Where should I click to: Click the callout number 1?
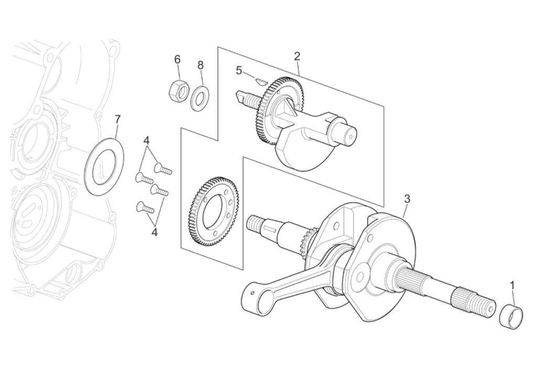(513, 285)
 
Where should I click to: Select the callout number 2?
(297, 57)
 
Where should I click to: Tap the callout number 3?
(407, 199)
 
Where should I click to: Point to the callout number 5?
(239, 71)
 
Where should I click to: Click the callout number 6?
(177, 60)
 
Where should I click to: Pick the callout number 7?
(117, 119)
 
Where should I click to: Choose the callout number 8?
(200, 65)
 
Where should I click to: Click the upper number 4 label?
(147, 140)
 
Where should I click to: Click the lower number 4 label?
(155, 232)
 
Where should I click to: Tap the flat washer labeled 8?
(200, 98)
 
